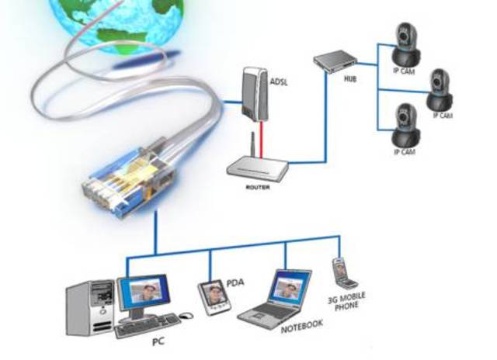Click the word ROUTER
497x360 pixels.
[x=257, y=187]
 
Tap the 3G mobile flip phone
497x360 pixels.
[x=341, y=273]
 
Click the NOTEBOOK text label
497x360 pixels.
[x=300, y=324]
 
